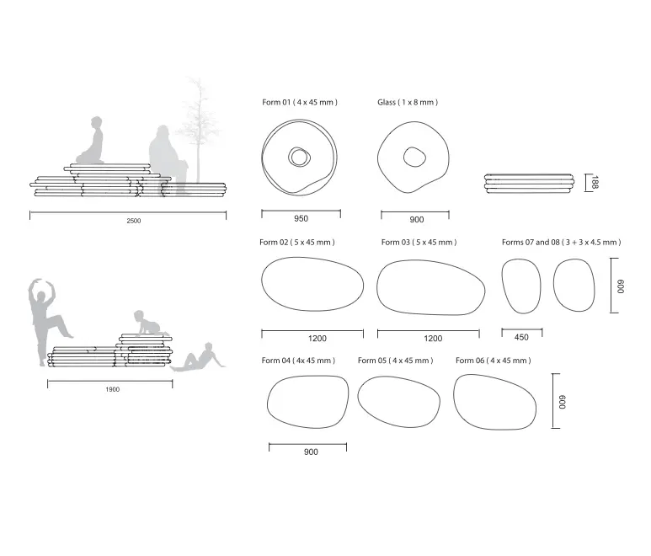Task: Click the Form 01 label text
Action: tap(299, 102)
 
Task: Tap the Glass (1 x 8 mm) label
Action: tap(408, 102)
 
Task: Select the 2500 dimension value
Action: tap(134, 221)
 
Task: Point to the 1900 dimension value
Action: tap(113, 389)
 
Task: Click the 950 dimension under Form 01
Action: tap(301, 218)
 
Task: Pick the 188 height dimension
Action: tap(595, 182)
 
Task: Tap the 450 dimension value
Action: tap(521, 337)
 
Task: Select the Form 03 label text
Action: tap(419, 242)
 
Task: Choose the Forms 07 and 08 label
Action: tap(562, 242)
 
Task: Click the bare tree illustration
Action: tap(199, 129)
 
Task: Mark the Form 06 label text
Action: tap(494, 361)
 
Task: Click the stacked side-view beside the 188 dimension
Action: tap(530, 184)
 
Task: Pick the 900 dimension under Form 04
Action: tap(311, 452)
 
